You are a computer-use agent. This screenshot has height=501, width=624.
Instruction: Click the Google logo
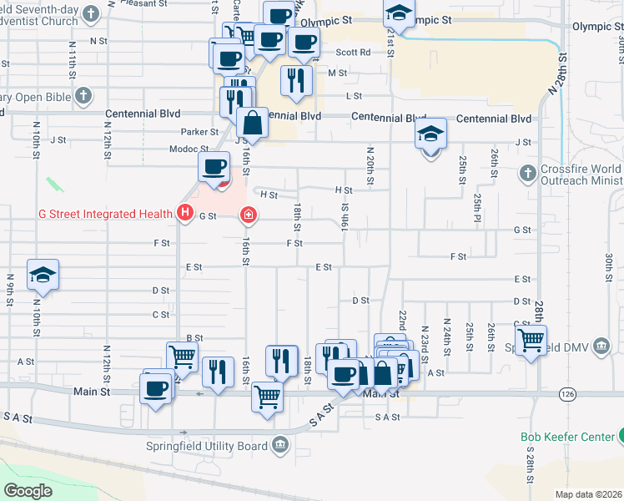28,490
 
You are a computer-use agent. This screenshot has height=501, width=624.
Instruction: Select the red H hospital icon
185,215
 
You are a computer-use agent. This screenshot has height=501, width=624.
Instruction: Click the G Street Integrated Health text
105,215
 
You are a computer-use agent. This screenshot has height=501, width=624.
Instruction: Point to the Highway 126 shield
567,392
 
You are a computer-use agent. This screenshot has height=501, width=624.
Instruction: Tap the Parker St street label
200,132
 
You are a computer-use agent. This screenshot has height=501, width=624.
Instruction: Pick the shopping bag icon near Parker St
252,124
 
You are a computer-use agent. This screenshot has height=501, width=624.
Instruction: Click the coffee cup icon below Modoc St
214,166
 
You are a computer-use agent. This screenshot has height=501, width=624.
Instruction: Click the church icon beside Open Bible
82,96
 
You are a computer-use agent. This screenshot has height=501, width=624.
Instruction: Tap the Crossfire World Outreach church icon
527,174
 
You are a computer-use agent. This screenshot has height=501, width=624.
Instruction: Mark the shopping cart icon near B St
182,356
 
